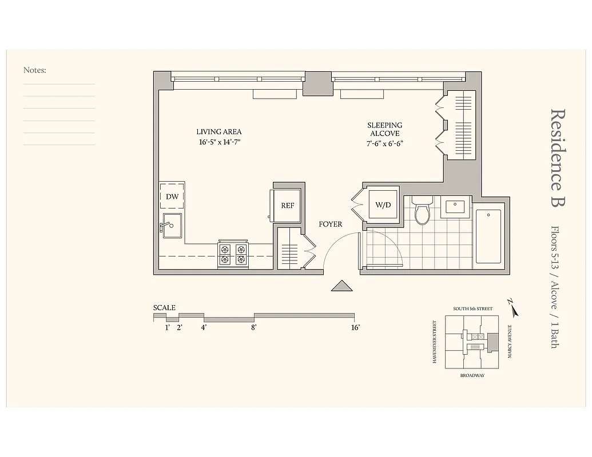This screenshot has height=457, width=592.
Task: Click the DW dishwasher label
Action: (172, 197)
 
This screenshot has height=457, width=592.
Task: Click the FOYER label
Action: (331, 224)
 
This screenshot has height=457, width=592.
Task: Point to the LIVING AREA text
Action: (218, 132)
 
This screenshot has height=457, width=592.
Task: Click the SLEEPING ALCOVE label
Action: (384, 129)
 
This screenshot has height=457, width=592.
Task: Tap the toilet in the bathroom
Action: (423, 213)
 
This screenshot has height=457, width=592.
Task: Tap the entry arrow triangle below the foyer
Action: (342, 286)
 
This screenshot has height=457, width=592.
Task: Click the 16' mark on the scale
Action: (355, 327)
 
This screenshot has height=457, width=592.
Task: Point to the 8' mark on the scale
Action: (253, 327)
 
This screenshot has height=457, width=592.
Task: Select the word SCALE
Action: (164, 307)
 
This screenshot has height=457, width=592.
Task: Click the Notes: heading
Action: (35, 70)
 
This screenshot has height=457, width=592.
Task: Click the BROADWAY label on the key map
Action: (472, 375)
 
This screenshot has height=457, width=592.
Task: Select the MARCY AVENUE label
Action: (509, 341)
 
